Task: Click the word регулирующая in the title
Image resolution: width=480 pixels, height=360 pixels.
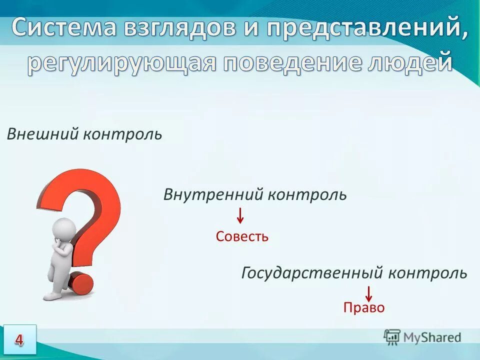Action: pyautogui.click(x=120, y=63)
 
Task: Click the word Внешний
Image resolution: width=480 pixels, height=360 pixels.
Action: pyautogui.click(x=42, y=134)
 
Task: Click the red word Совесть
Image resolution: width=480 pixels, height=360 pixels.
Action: pyautogui.click(x=242, y=236)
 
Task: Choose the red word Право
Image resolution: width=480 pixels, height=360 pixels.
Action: pyautogui.click(x=364, y=307)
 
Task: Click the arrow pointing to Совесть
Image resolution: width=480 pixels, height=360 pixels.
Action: pyautogui.click(x=240, y=215)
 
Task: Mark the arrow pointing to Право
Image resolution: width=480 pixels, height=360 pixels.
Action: pyautogui.click(x=368, y=293)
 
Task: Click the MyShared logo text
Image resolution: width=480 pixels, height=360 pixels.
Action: pyautogui.click(x=432, y=337)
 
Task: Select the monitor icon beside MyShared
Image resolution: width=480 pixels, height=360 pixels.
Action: pyautogui.click(x=392, y=337)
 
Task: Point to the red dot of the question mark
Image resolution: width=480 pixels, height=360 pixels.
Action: pyautogui.click(x=81, y=283)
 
